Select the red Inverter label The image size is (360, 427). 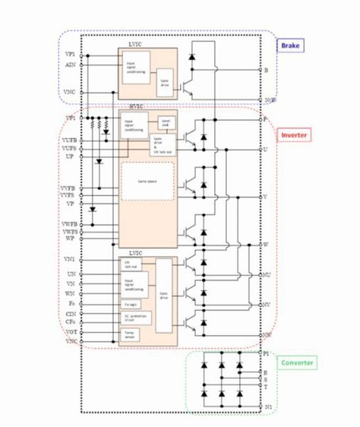(294, 135)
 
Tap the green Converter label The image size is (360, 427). (298, 363)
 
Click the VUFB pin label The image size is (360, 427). (68, 140)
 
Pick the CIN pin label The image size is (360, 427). (70, 312)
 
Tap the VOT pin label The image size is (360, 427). (70, 332)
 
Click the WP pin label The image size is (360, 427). (70, 239)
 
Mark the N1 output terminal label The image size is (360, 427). (268, 406)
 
